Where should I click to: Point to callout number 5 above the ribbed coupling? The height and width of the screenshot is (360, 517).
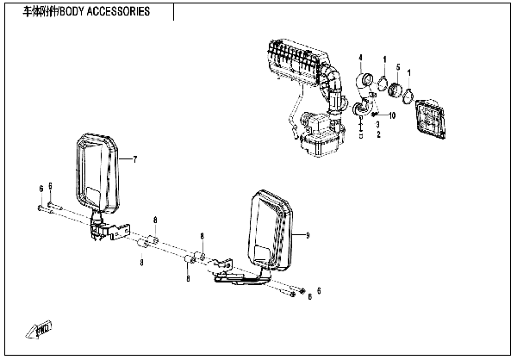[x=397, y=67]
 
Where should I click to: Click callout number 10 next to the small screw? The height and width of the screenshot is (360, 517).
[x=392, y=115]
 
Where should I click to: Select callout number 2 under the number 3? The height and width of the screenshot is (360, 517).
[x=377, y=135]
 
